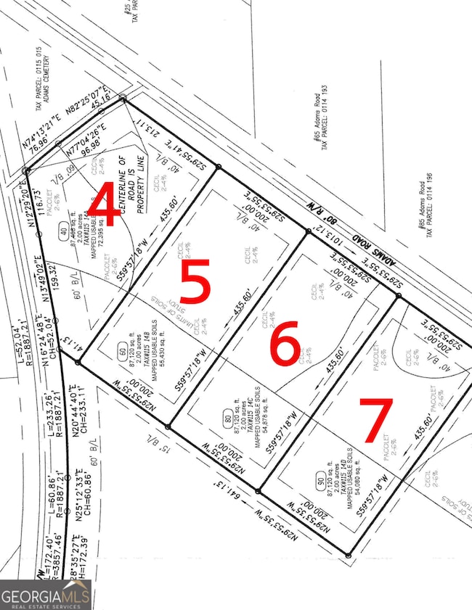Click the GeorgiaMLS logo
45,594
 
